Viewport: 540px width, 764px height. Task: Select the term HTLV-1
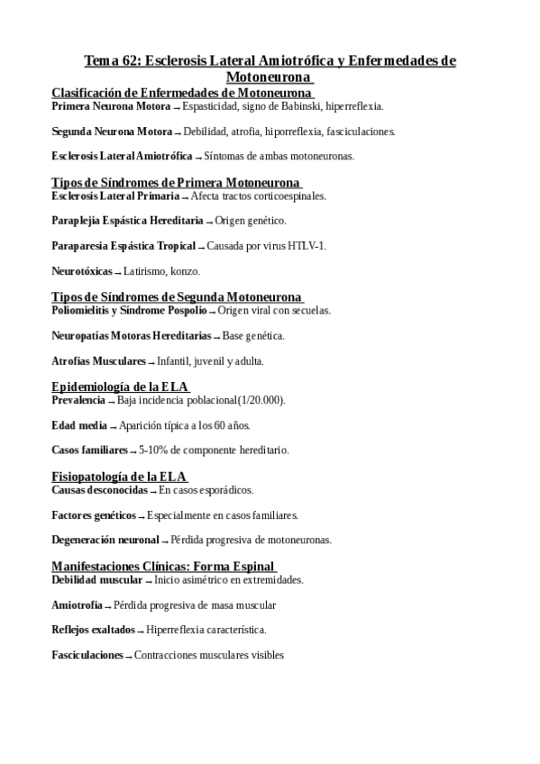308,246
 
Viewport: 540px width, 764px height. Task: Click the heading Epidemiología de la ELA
119,387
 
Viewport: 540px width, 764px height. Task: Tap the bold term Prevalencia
78,400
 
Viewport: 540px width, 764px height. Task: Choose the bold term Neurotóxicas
82,270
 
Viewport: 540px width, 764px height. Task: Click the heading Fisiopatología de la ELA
119,476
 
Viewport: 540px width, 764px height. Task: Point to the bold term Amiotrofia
77,605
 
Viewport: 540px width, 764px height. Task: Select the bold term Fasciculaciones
87,655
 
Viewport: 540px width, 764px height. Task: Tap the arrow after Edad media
114,426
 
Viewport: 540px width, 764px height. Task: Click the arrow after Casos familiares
133,450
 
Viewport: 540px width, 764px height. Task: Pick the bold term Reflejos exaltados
93,630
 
